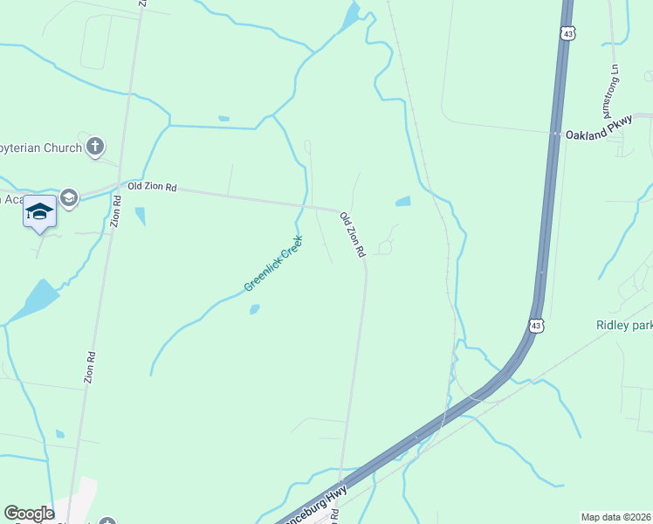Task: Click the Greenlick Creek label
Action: click(x=272, y=263)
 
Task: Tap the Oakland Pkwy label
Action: click(x=598, y=135)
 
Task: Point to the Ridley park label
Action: click(x=623, y=325)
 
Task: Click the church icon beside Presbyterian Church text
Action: click(x=96, y=147)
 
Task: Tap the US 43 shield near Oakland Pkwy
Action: click(x=568, y=33)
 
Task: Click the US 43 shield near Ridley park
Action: click(x=536, y=325)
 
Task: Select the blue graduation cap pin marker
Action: click(x=39, y=211)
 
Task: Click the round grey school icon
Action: click(x=69, y=199)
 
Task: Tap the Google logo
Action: click(x=29, y=514)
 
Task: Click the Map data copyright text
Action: click(x=616, y=516)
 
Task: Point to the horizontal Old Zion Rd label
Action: click(x=152, y=187)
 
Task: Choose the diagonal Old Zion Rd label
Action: click(x=352, y=235)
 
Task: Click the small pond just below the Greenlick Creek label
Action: click(x=254, y=308)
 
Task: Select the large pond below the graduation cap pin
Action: click(x=35, y=300)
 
